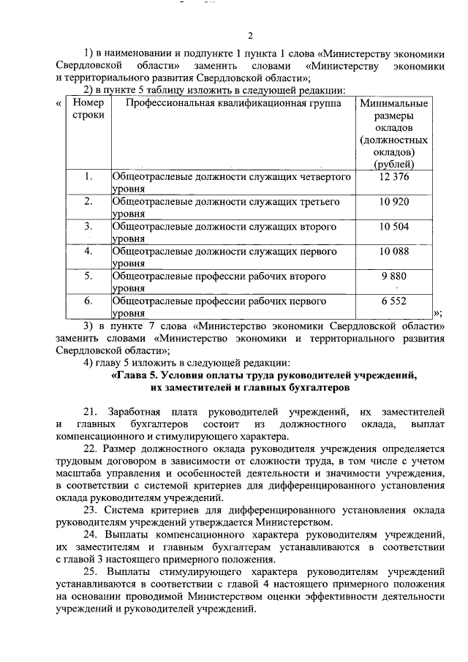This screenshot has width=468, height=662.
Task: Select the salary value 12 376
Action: [x=394, y=177]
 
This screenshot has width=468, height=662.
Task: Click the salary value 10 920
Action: [x=394, y=201]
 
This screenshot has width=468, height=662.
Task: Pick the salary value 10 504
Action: [x=394, y=227]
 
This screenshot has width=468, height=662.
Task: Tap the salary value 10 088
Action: [x=394, y=252]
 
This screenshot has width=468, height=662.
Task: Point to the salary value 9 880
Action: [x=394, y=277]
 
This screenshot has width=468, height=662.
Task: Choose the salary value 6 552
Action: [x=394, y=301]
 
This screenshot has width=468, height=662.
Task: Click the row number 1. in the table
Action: [x=88, y=177]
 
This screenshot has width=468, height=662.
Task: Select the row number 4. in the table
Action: [x=88, y=252]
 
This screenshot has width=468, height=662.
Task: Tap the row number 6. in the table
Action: [x=88, y=301]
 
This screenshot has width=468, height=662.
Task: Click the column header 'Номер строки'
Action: [x=88, y=110]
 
